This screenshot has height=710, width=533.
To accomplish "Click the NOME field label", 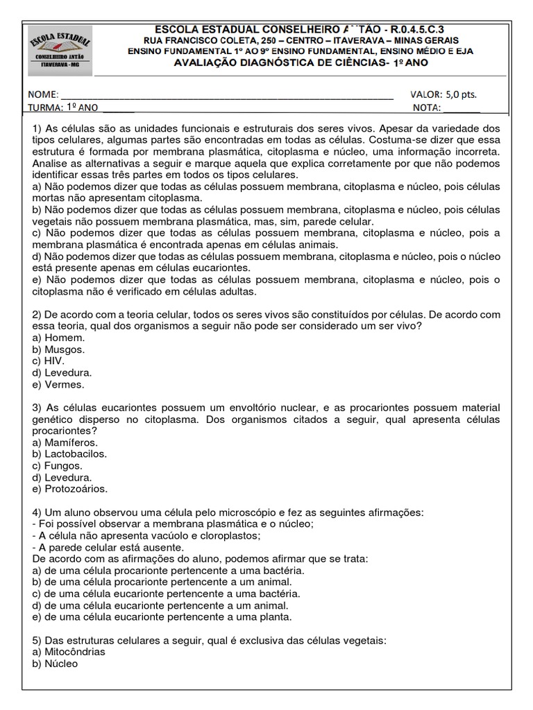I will [44, 94].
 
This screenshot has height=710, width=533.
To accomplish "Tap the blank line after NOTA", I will [462, 107].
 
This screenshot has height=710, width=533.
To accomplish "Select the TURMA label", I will [45, 107].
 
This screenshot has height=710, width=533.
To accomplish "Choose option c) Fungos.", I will [58, 466].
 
